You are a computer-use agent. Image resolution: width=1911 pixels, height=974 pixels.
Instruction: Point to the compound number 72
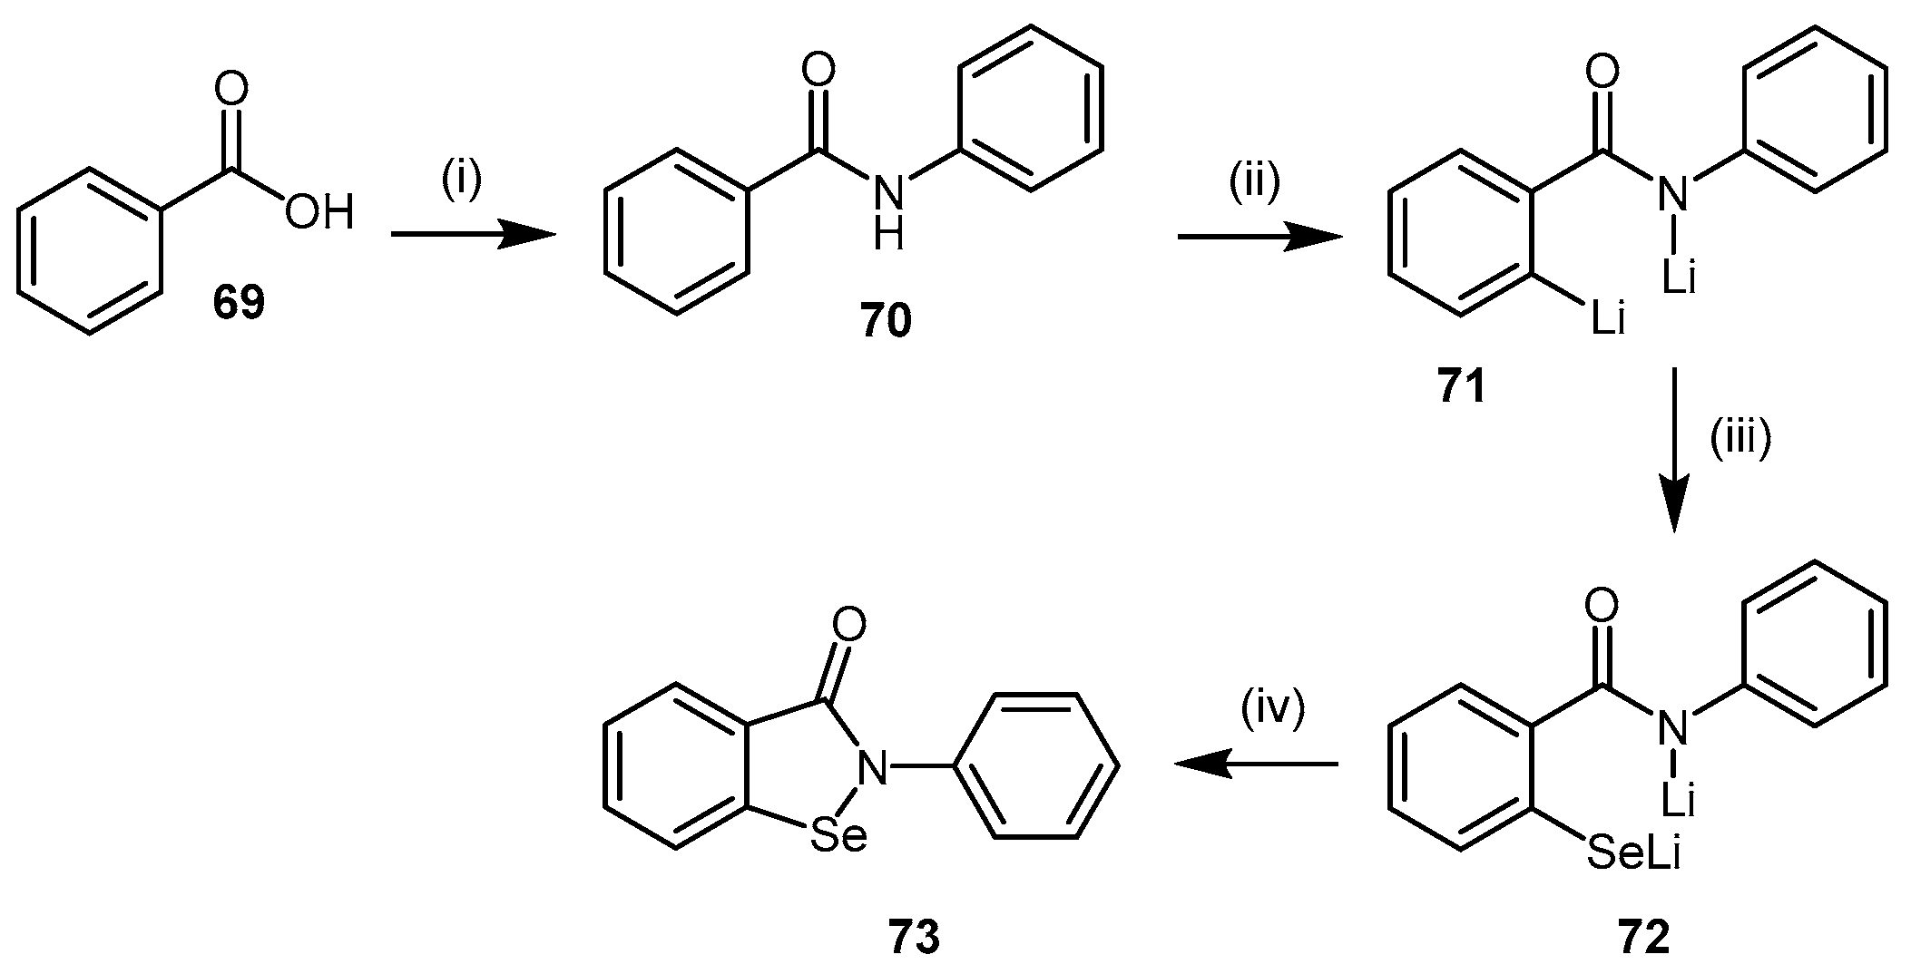pyautogui.click(x=1642, y=939)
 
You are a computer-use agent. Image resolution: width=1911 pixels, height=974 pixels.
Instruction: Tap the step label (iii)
pyautogui.click(x=1740, y=443)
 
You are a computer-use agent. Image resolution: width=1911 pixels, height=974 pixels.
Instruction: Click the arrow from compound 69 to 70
pyautogui.click(x=472, y=236)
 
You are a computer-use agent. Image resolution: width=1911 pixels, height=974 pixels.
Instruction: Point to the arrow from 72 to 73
pyautogui.click(x=1256, y=765)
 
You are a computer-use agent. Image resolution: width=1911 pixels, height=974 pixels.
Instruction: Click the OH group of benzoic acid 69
pyautogui.click(x=318, y=214)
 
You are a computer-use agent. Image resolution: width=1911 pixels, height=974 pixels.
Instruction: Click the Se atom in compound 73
pyautogui.click(x=839, y=836)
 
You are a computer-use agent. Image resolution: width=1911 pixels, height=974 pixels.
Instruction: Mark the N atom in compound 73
pyautogui.click(x=873, y=768)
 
